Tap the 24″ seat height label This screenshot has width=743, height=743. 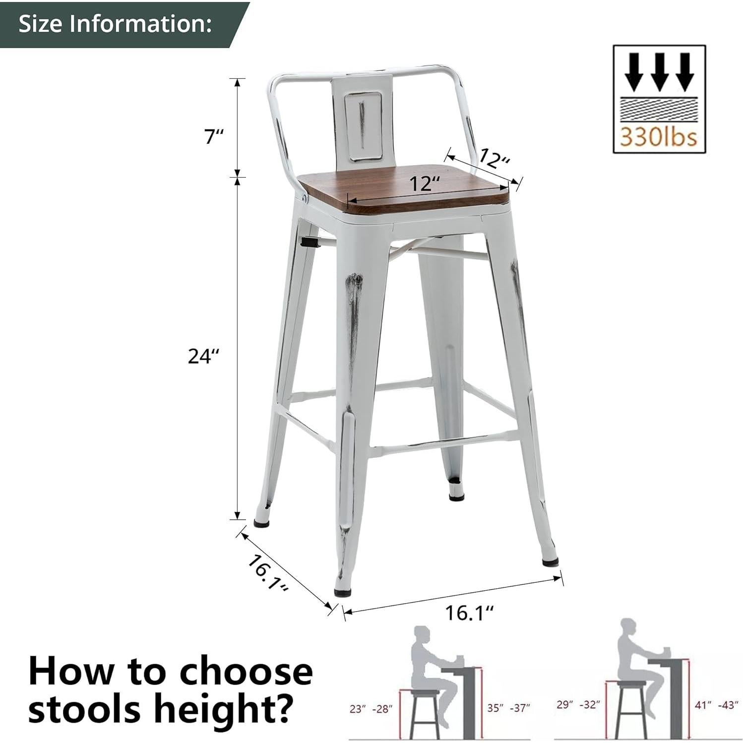(203, 356)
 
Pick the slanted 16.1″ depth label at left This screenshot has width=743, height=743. (268, 573)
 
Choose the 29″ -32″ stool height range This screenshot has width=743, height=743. (578, 704)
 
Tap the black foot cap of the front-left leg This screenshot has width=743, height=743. (341, 591)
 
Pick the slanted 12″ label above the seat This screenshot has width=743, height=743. (494, 159)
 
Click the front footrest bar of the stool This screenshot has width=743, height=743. (441, 443)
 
